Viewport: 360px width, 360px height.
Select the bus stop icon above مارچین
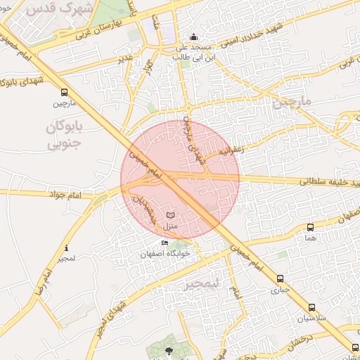point(65,92)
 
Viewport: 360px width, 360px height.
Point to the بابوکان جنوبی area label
point(64,136)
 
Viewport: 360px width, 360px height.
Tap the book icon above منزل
point(170,214)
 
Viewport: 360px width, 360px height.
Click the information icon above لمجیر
point(66,247)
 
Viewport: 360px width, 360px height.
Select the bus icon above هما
point(310,227)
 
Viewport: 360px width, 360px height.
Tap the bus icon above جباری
point(280,278)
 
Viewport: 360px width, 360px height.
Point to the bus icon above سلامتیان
point(311,307)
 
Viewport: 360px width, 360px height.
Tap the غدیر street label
point(126,56)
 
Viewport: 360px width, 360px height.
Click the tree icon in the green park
point(168,350)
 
